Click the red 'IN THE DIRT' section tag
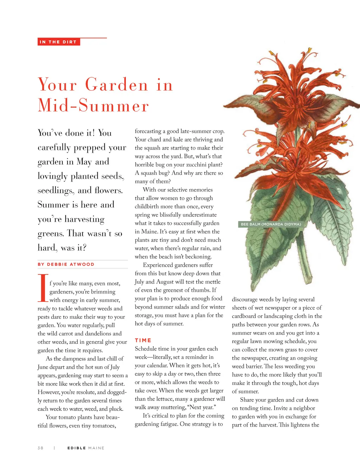58,42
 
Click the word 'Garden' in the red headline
117,85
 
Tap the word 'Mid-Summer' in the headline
93,105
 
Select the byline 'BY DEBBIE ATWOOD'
66,264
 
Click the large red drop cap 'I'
43,288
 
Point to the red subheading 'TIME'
143,340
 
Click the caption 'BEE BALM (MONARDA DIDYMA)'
271,224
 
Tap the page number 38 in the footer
40,448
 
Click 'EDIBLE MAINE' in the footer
86,448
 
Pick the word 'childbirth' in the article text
148,207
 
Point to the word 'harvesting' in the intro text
84,219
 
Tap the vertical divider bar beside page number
54,448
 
